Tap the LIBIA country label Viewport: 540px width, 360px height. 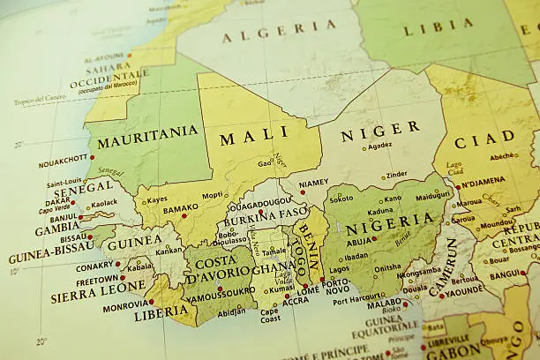click(x=438, y=27)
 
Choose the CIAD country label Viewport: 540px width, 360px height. click(x=484, y=139)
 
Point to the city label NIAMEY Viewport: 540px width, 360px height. click(x=313, y=184)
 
